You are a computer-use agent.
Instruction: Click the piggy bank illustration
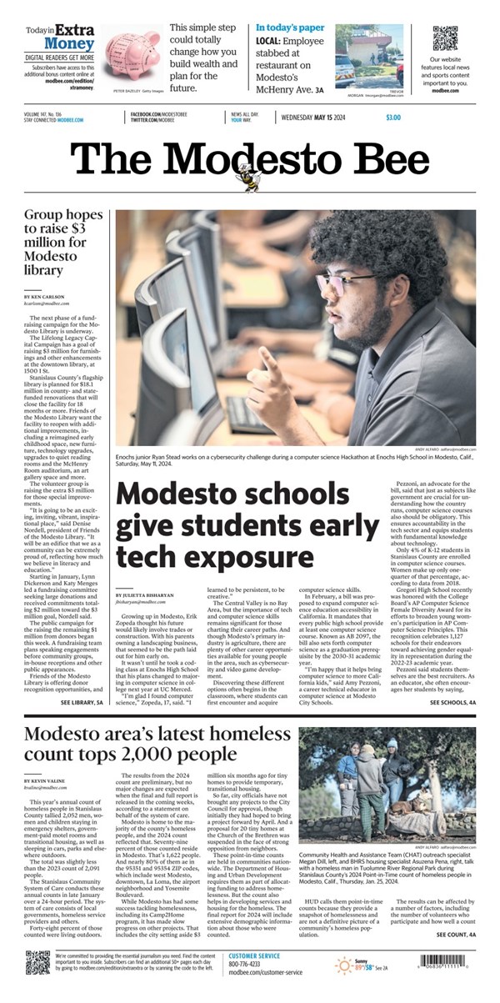132,55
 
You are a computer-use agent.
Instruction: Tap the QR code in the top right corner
445,38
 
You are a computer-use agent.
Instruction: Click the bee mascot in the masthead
248,175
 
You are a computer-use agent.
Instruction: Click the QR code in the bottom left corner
37,966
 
